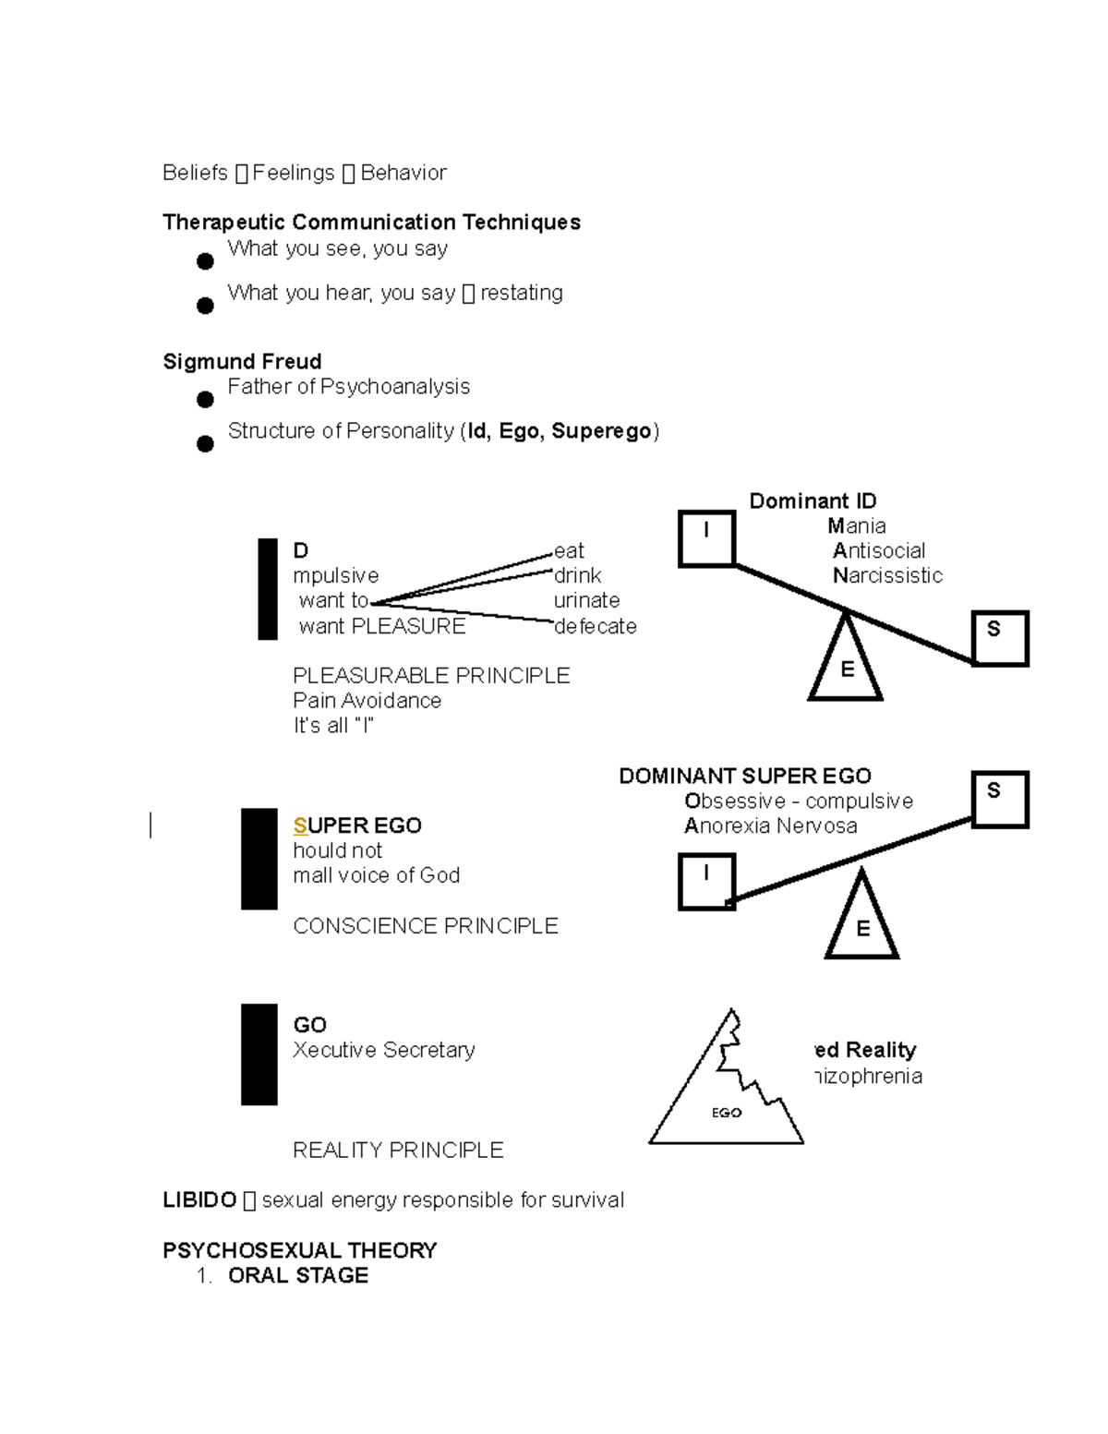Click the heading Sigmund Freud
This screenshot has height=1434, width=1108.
point(242,361)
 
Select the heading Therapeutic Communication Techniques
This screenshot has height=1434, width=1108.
point(371,222)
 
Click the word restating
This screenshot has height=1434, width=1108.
point(522,293)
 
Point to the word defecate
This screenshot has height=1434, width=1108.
point(596,626)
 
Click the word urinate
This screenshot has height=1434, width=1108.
point(587,600)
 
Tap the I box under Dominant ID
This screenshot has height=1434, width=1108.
point(706,537)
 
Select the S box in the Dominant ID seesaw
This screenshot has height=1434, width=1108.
point(1000,637)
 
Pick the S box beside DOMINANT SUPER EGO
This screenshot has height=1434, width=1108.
point(999,799)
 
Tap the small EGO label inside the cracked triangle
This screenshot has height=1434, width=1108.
point(727,1113)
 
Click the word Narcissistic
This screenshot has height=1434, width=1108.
point(887,575)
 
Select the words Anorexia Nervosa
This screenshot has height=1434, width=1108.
point(770,825)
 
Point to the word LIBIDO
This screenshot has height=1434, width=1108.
point(199,1199)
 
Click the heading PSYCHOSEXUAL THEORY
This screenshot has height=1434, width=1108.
point(299,1250)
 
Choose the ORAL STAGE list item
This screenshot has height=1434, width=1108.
point(297,1275)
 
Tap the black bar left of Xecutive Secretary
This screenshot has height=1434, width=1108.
point(259,1054)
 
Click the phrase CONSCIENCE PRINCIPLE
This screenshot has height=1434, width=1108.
point(425,925)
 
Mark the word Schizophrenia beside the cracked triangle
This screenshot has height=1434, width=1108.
point(868,1076)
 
